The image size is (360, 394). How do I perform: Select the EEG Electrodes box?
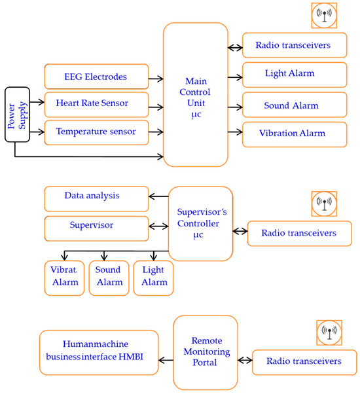coord(96,78)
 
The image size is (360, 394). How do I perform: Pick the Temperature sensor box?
coord(96,132)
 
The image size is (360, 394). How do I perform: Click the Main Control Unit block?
coord(196,95)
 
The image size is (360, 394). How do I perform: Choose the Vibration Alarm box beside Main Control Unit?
coord(295,134)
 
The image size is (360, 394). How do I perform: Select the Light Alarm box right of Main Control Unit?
coord(295,73)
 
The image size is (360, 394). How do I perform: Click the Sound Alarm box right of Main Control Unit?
coord(295,105)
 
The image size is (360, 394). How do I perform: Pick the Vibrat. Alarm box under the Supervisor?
coord(64,276)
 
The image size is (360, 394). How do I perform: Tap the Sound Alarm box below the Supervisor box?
coord(109,276)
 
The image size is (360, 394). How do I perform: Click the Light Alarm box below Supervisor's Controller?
coord(153,276)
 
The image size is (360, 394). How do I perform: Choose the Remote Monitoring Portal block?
coord(205,351)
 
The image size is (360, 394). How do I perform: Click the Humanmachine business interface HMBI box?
coord(99,351)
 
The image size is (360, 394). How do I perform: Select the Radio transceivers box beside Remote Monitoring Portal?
coord(304,361)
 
